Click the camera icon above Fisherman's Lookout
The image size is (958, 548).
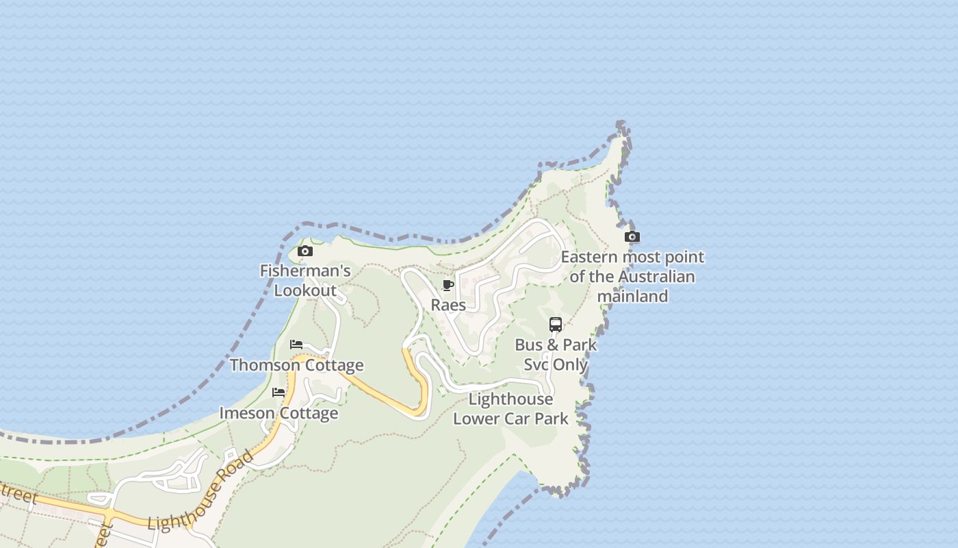coord(305,251)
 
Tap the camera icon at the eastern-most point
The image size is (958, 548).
coord(632,237)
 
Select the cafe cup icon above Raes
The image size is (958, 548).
coord(448,285)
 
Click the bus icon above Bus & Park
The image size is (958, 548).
coord(556,325)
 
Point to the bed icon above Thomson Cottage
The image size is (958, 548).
coord(296,344)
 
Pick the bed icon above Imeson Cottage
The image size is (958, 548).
coord(279,393)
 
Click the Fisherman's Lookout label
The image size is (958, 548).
coord(305,280)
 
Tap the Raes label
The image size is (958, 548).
coord(448,305)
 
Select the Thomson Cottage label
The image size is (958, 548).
coord(296,364)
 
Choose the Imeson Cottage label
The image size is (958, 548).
coord(279,413)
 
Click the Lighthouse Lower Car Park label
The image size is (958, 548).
coord(510,408)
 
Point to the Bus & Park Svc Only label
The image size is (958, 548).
coord(556,354)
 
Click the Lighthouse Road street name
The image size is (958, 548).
coord(200,491)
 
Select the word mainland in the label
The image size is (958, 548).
coord(632,296)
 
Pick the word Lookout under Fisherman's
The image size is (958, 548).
coord(305,290)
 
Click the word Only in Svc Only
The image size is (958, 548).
coord(571,364)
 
